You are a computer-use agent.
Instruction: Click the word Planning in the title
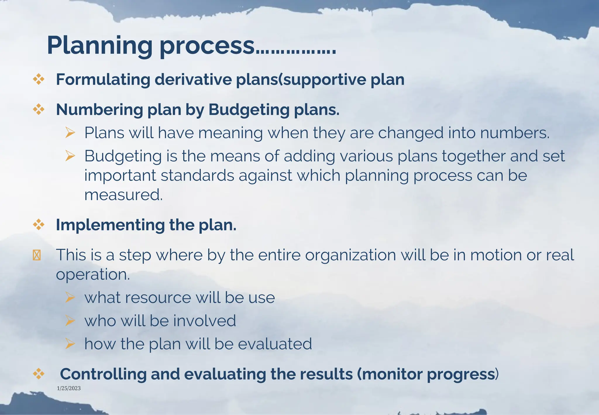[99, 45]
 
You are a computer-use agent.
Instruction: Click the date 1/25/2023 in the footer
[69, 388]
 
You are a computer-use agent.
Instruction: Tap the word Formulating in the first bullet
[102, 79]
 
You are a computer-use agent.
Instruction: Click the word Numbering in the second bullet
[99, 110]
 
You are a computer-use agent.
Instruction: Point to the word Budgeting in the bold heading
[248, 110]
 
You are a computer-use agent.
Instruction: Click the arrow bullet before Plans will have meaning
[70, 133]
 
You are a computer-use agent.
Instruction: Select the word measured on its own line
[123, 195]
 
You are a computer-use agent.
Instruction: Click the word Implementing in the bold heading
[110, 225]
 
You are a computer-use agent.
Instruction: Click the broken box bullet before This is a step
[37, 255]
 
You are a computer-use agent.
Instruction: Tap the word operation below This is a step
[93, 275]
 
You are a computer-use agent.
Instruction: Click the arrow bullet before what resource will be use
[70, 298]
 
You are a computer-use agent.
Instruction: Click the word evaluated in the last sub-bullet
[275, 344]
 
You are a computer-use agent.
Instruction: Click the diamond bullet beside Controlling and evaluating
[39, 374]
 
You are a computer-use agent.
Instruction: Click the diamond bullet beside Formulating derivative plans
[39, 79]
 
